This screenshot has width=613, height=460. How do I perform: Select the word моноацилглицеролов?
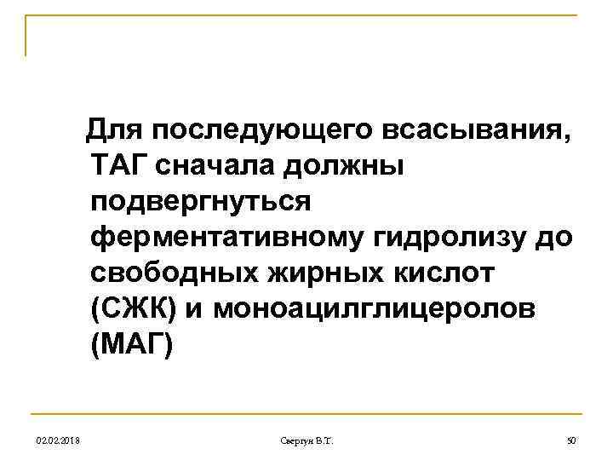pos(375,310)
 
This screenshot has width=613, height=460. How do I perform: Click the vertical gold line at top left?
pos(26,36)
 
